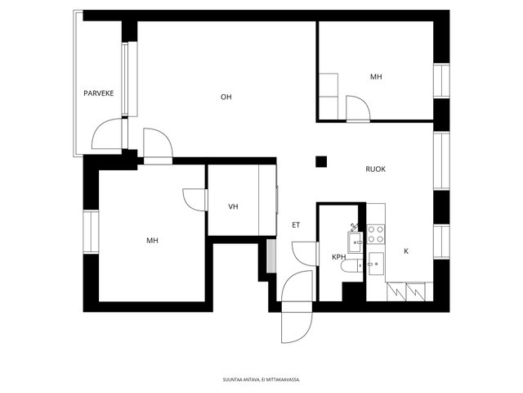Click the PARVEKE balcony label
click(98, 93)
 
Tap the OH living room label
click(226, 97)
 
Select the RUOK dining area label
click(375, 169)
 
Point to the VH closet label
click(233, 206)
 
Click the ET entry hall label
click(296, 225)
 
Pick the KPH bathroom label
click(338, 257)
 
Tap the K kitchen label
click(406, 251)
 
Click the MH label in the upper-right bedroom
click(376, 77)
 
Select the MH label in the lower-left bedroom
click(152, 240)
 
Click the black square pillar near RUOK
click(321, 162)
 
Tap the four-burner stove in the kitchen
click(376, 234)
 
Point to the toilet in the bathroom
click(351, 266)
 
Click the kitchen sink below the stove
click(376, 264)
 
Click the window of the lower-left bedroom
click(91, 232)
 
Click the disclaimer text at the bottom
click(261, 380)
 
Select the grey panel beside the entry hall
click(271, 255)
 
